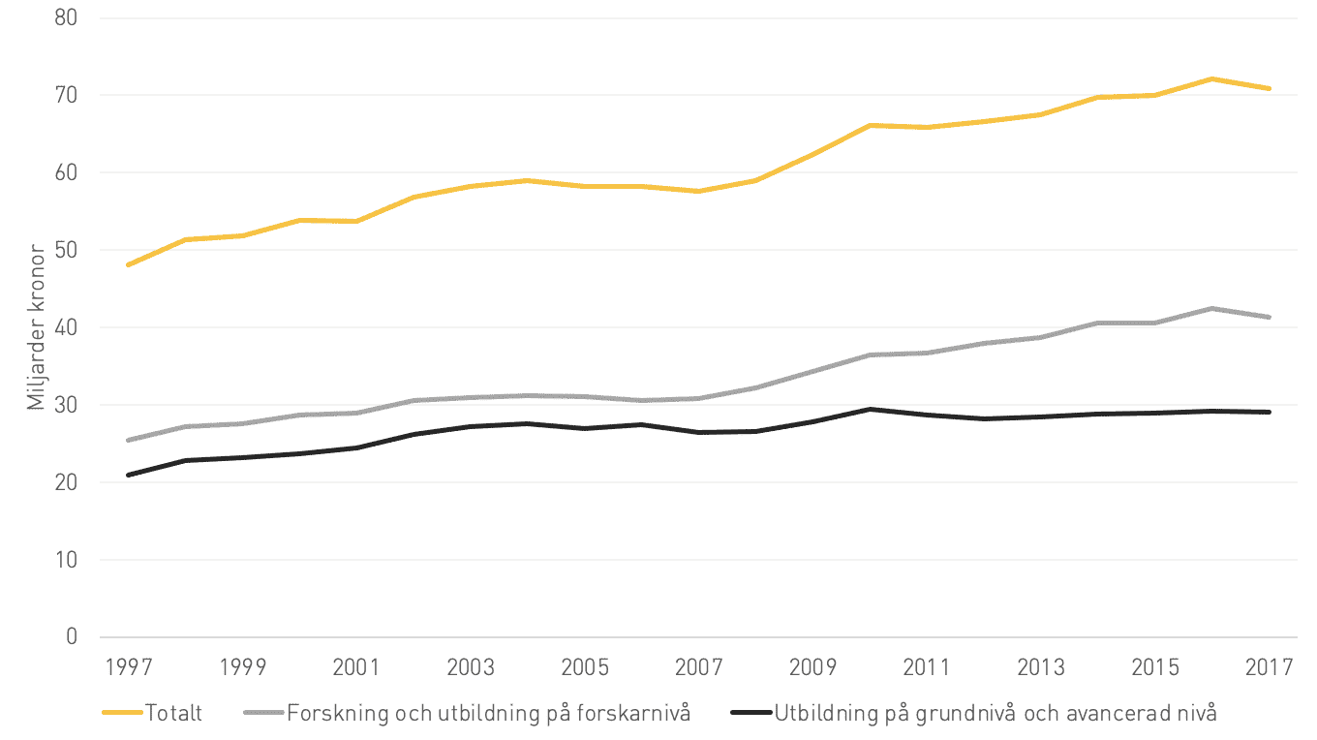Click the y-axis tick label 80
click(x=66, y=17)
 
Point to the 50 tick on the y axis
click(x=66, y=250)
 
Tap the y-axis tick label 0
click(x=72, y=636)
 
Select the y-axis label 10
click(x=67, y=560)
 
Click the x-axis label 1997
click(x=128, y=667)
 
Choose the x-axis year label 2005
click(x=585, y=667)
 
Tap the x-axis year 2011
click(x=927, y=667)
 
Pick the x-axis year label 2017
click(x=1270, y=667)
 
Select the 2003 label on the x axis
click(x=471, y=667)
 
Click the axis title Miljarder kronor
click(x=36, y=327)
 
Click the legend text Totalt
click(x=173, y=713)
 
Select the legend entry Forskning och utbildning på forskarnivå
click(x=489, y=714)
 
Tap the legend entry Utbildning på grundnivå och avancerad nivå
click(x=995, y=714)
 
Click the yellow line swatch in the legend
click(x=122, y=713)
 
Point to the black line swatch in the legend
click(x=750, y=713)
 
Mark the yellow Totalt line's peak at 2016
click(x=1212, y=78)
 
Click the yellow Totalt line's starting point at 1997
click(x=128, y=264)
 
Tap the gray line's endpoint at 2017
click(x=1270, y=317)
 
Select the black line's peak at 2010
click(x=871, y=409)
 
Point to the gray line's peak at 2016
click(x=1212, y=308)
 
